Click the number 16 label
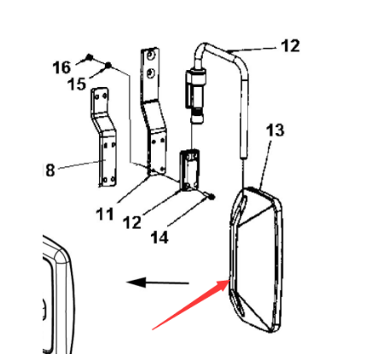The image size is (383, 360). pyautogui.click(x=61, y=67)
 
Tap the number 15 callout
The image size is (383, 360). pyautogui.click(x=78, y=84)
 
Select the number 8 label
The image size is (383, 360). pyautogui.click(x=49, y=171)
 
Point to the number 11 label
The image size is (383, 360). pyautogui.click(x=105, y=214)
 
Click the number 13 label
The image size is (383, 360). pyautogui.click(x=275, y=131)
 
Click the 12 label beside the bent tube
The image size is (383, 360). pyautogui.click(x=290, y=46)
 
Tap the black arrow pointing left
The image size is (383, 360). pyautogui.click(x=158, y=282)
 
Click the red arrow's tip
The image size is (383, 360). pyautogui.click(x=229, y=281)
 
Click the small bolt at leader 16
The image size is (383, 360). pyautogui.click(x=89, y=58)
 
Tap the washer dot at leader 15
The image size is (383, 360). pyautogui.click(x=108, y=65)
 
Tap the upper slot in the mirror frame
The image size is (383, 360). pyautogui.click(x=242, y=203)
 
